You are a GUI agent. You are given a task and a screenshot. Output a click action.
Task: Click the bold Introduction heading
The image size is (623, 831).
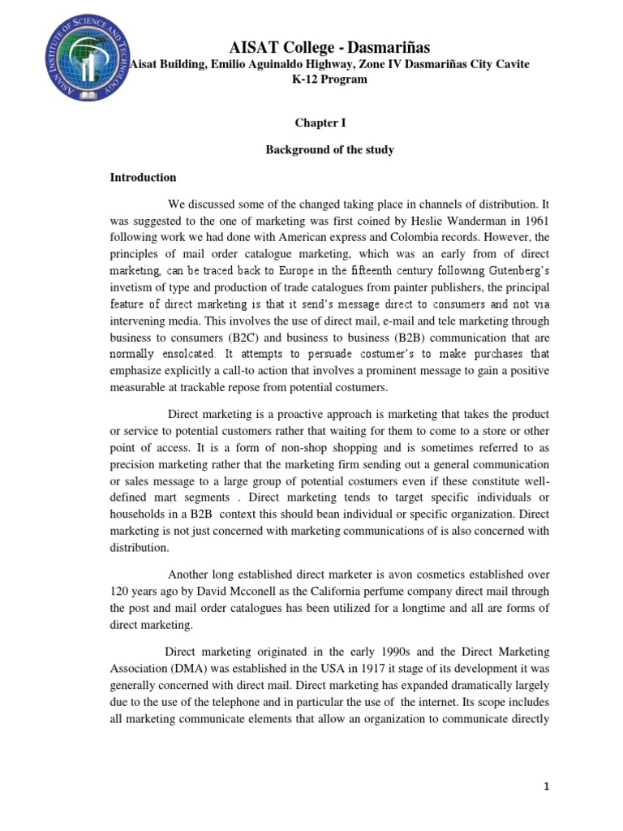coord(144,178)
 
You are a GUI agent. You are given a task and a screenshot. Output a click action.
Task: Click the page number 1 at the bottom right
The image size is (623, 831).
coord(546,786)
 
